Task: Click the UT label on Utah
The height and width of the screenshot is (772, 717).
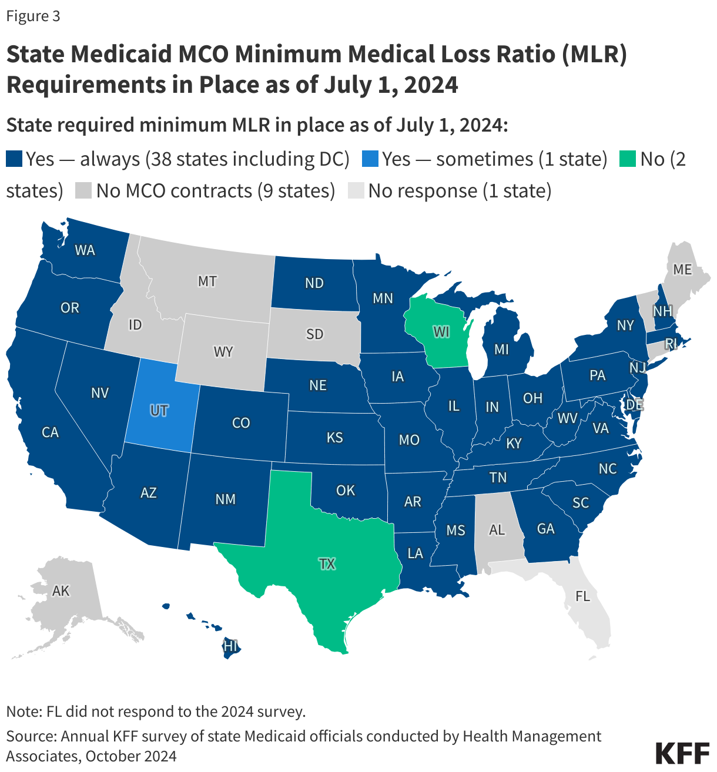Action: [159, 410]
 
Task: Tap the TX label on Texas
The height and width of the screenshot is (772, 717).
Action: [327, 564]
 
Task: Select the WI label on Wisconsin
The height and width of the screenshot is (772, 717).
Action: [441, 332]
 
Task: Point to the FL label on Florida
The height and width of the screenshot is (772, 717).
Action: [582, 596]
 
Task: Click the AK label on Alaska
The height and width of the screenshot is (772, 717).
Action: [61, 590]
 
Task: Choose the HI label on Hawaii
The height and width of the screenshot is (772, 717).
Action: [230, 646]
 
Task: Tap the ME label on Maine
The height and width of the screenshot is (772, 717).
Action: [682, 270]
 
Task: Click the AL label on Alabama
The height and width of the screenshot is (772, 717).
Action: [497, 530]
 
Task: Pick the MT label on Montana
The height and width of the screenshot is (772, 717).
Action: [207, 281]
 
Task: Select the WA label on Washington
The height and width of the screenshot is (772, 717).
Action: [85, 250]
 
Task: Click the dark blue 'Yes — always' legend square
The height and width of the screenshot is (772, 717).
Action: [14, 159]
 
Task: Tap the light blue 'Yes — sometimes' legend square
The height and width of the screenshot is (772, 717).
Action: [370, 159]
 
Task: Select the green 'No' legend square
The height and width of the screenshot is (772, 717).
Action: [628, 159]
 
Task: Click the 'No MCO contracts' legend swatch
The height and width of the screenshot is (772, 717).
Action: [84, 191]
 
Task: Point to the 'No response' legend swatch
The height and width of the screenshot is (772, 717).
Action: [356, 191]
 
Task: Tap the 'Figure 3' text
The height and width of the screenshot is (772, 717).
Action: [33, 16]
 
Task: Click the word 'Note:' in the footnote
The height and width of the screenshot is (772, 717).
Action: [24, 711]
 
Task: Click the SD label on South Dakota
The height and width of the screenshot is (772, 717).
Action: [314, 334]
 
